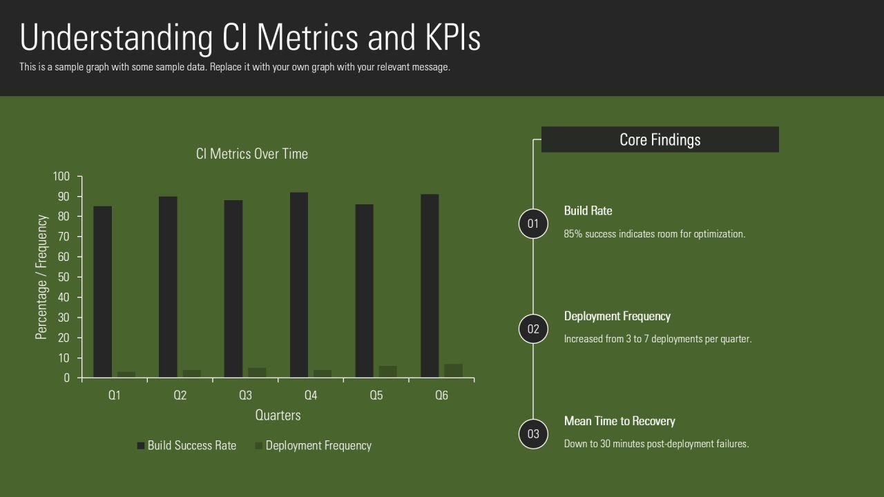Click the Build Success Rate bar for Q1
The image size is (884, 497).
tap(103, 292)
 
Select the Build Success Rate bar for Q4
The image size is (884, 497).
tap(299, 285)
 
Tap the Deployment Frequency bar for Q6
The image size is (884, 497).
tap(454, 371)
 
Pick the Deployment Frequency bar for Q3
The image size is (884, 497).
tap(257, 373)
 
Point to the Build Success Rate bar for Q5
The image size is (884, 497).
tap(364, 291)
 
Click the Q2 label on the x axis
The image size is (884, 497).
tap(180, 396)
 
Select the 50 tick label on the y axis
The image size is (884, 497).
tap(64, 277)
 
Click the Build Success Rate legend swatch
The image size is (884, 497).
tap(140, 446)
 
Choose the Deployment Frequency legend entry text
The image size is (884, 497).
tap(318, 446)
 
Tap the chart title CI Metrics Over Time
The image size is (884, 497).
tap(252, 154)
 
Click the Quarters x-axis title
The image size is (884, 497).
tap(278, 415)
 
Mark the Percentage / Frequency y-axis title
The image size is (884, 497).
tap(41, 277)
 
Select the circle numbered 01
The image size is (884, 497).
tap(533, 224)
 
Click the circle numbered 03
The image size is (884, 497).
tap(533, 434)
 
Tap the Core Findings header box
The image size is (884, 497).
tap(660, 139)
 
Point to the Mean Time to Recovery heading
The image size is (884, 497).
tap(619, 421)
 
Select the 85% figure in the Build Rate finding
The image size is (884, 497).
tap(573, 234)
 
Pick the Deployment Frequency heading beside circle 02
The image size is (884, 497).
tap(617, 316)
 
